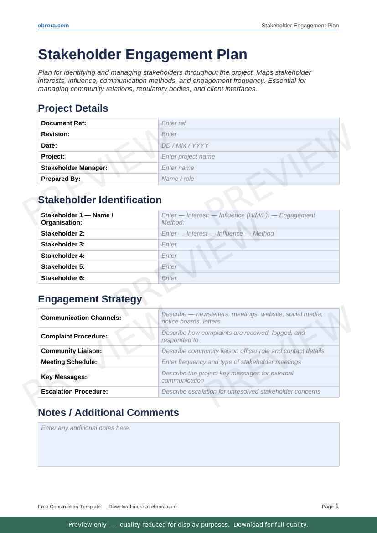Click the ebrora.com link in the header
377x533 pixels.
53,26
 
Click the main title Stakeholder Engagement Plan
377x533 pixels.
142,55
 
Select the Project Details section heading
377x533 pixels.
73,108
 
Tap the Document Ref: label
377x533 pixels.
63,123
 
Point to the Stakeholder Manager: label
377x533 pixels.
74,168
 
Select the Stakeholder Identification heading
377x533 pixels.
99,200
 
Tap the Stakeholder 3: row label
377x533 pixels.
63,244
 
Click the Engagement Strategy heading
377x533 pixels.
90,299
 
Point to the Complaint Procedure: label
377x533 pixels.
74,336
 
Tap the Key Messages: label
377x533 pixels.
64,377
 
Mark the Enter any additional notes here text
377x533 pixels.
86,428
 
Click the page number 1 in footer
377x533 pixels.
337,506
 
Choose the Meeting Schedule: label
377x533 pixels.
69,362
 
